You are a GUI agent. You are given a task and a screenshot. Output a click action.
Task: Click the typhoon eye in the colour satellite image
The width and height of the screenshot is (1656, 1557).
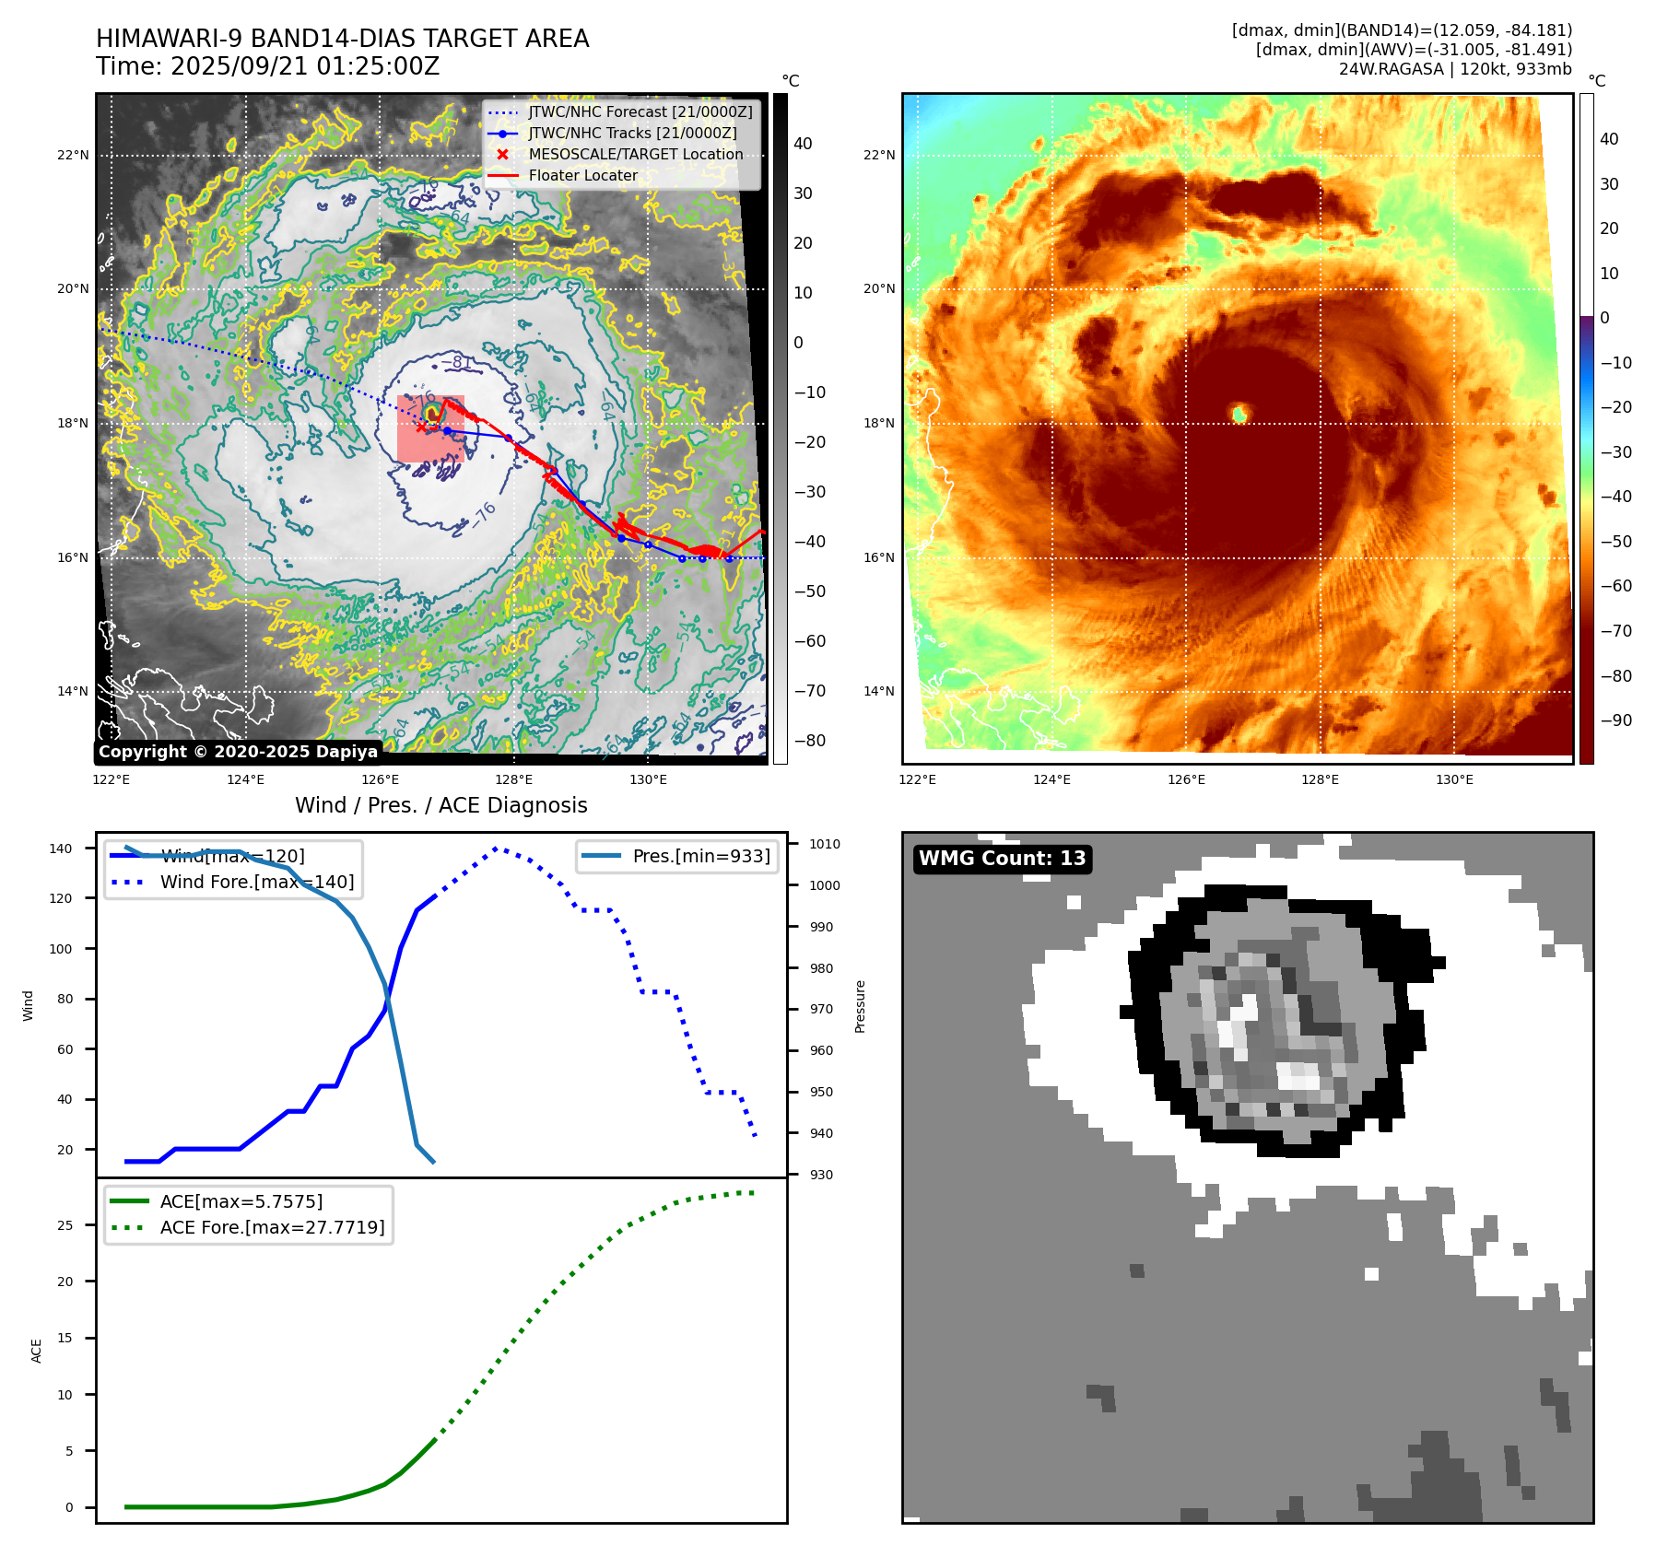click(1239, 414)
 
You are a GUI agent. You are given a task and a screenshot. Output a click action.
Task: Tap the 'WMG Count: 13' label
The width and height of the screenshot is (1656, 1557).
click(1002, 859)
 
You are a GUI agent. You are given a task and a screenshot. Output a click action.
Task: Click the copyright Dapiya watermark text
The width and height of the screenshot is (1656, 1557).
click(238, 752)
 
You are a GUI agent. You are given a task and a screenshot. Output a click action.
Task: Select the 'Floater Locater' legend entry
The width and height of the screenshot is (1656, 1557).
click(582, 176)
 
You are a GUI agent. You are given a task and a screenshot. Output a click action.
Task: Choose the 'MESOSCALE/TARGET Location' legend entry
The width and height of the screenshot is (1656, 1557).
click(635, 155)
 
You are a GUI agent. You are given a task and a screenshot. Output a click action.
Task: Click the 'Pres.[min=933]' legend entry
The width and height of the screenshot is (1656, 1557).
click(700, 856)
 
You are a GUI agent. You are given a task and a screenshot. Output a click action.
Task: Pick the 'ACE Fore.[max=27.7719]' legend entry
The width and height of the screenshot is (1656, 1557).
click(272, 1227)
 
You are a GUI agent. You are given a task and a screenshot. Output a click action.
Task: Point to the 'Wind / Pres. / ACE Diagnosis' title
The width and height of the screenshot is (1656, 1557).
click(440, 805)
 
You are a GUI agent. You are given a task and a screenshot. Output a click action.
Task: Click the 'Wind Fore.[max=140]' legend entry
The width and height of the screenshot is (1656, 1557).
click(256, 882)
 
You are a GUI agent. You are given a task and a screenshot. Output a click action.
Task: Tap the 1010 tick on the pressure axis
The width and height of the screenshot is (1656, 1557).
click(824, 844)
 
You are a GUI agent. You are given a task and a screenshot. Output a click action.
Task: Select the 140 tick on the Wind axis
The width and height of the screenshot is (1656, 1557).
click(60, 849)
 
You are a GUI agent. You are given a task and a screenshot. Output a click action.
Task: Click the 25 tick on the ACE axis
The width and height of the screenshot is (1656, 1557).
click(65, 1225)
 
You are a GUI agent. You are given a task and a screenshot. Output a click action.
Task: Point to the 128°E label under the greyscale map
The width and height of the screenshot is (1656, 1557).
click(514, 780)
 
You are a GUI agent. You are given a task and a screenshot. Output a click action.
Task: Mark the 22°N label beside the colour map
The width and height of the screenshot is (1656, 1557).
click(878, 155)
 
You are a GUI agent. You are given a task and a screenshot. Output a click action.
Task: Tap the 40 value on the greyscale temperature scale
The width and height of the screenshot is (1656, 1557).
click(803, 144)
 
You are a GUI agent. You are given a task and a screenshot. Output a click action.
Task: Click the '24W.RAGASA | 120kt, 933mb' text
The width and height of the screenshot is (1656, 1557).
click(1455, 69)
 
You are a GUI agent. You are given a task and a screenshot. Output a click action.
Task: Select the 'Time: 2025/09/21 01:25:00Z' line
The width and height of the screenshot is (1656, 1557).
click(267, 66)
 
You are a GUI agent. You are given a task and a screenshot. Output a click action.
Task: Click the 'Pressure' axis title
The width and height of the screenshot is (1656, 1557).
click(860, 1006)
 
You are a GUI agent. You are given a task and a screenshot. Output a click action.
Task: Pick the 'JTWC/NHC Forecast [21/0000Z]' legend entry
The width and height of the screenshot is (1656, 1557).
click(640, 112)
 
